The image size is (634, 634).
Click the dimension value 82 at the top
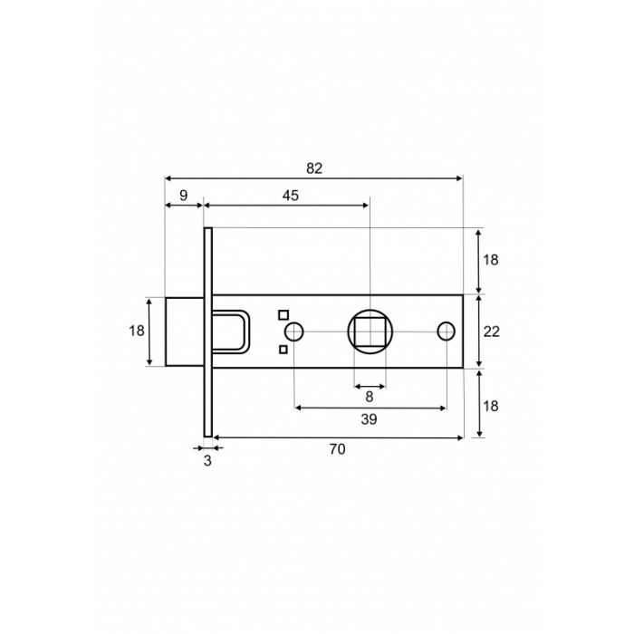pos(314,168)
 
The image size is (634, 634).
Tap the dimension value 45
pos(291,196)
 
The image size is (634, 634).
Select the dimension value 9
pos(184,196)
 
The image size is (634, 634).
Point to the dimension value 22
pos(492,331)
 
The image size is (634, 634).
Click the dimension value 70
pos(337,449)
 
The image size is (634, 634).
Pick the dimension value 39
pos(369,419)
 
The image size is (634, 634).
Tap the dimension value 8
pos(370,397)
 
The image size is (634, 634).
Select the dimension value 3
pos(207,460)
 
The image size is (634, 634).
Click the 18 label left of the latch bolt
pos(137,331)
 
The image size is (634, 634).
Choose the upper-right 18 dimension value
pos(491,260)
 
